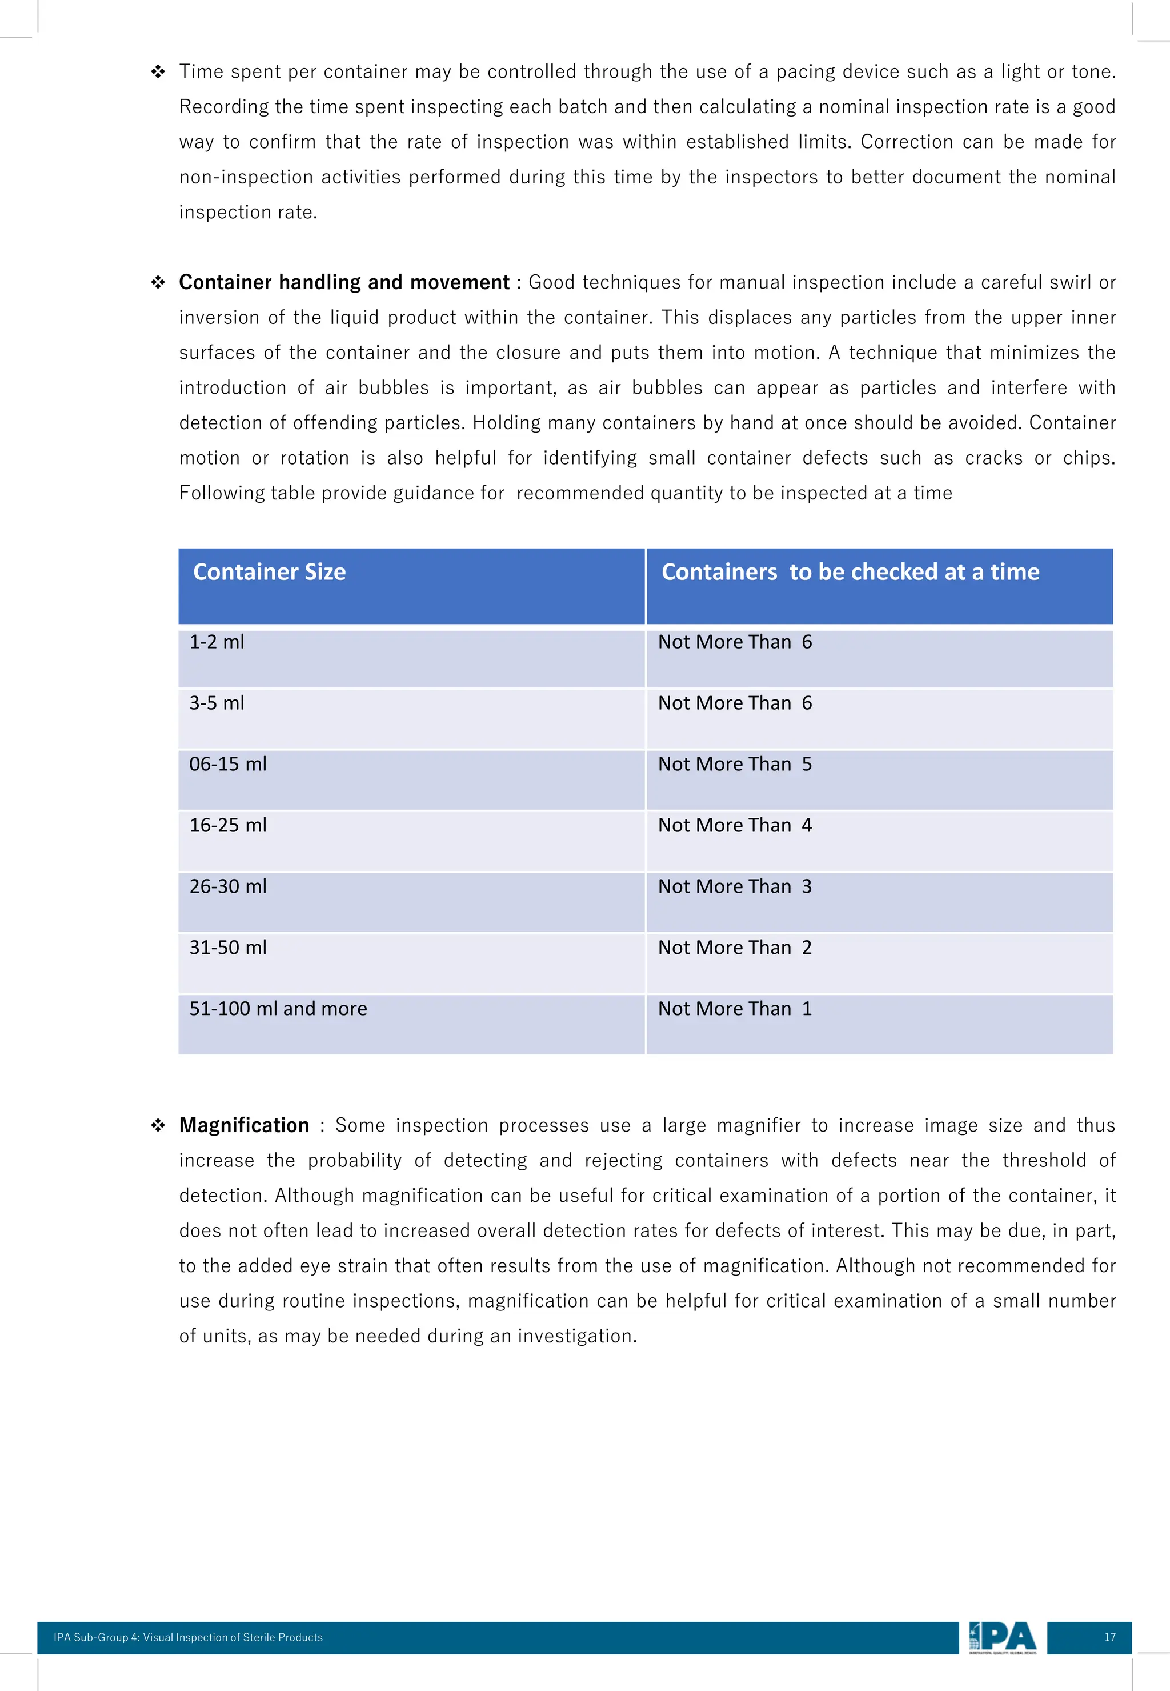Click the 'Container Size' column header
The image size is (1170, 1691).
click(269, 572)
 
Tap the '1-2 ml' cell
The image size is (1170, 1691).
click(217, 642)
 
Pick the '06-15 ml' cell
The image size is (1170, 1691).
click(228, 764)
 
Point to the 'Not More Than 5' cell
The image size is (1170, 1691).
click(735, 764)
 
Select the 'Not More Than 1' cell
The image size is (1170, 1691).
click(735, 1009)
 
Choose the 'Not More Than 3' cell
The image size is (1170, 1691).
click(735, 886)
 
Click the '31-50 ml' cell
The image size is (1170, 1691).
click(228, 948)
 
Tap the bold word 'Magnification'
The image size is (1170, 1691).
click(244, 1125)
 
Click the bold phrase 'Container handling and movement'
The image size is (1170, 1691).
click(344, 282)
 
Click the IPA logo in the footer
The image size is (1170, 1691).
click(1002, 1637)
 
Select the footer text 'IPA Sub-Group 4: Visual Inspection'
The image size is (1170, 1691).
click(188, 1637)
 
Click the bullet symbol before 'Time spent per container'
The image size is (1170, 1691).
click(158, 72)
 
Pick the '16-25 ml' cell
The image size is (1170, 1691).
click(228, 826)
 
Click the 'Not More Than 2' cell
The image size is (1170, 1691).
click(735, 948)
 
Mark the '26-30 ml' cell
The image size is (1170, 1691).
click(228, 886)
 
